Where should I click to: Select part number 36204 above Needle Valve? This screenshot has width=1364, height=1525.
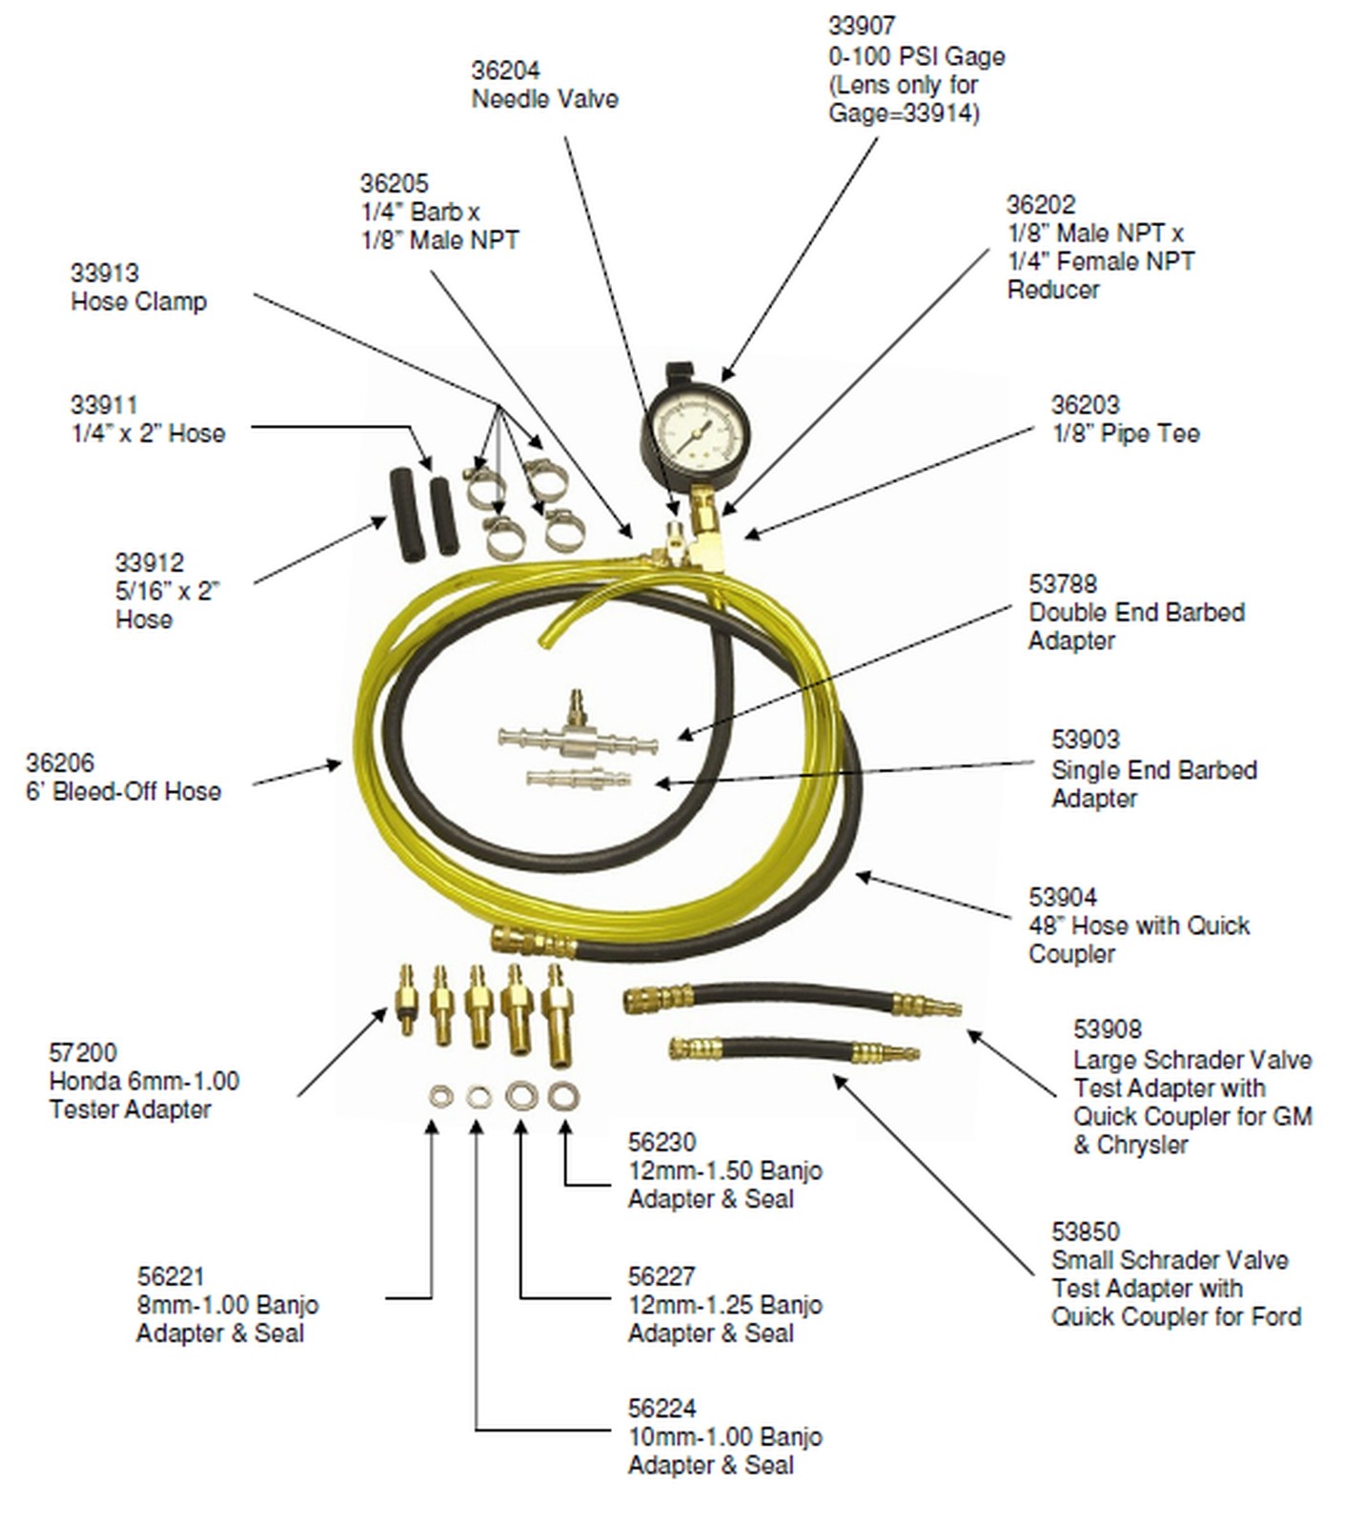[505, 71]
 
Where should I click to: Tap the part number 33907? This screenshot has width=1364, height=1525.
[862, 26]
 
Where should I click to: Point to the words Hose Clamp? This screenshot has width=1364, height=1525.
[139, 302]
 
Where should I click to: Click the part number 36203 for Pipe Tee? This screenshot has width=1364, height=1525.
[1085, 405]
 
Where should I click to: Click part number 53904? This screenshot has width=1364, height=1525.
[1063, 898]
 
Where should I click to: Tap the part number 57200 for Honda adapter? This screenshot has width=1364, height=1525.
[83, 1053]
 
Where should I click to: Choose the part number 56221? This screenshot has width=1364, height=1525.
[171, 1277]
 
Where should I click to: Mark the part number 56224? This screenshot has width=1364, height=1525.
[662, 1409]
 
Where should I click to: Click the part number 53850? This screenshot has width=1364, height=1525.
[1085, 1232]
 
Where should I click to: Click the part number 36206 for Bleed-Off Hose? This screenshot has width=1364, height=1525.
[60, 763]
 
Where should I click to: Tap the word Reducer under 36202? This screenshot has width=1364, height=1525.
[1052, 290]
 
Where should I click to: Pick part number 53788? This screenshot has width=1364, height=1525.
[1063, 584]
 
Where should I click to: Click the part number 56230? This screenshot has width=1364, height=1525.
[662, 1143]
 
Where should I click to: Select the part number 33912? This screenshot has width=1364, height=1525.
[150, 563]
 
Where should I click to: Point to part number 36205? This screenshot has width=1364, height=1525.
[394, 184]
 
